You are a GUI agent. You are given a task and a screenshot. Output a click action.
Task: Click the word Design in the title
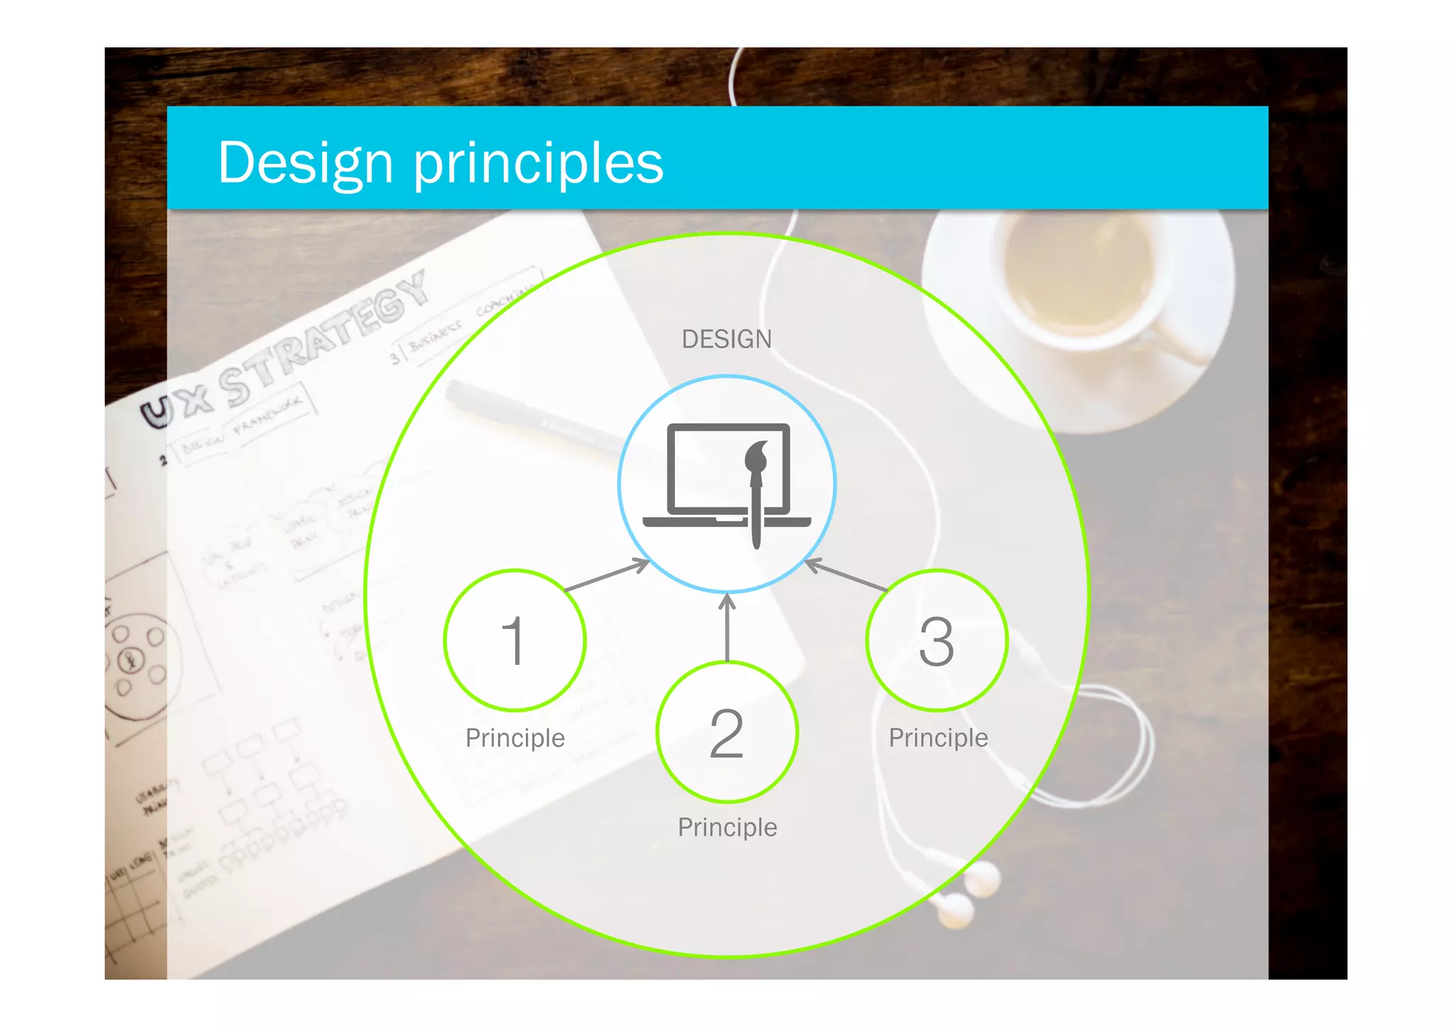[305, 163]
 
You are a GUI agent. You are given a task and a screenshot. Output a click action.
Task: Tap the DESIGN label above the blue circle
[726, 339]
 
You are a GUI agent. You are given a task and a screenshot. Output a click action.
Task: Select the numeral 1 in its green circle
[514, 640]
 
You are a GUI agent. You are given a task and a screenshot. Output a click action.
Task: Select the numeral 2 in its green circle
[726, 732]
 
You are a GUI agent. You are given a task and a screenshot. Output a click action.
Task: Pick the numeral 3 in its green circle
[936, 640]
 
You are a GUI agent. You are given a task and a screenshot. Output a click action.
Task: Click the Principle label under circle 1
[515, 738]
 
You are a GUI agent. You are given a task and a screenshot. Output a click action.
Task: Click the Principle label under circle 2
[727, 828]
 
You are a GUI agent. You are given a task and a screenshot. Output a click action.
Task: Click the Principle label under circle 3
[938, 738]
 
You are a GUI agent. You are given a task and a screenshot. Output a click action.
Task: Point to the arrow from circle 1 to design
[607, 575]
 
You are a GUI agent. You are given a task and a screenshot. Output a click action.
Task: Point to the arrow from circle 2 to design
[726, 627]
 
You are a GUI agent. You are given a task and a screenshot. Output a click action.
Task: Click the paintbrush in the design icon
[756, 490]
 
